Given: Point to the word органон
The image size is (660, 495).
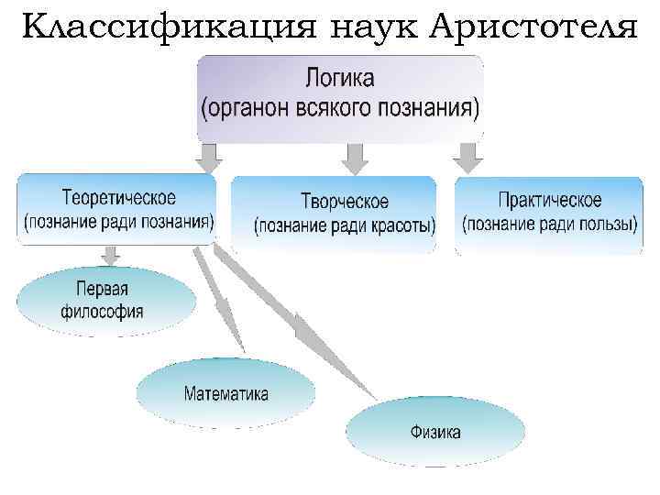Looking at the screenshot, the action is [x=253, y=109].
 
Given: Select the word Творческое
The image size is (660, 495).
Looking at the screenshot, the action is [x=345, y=201].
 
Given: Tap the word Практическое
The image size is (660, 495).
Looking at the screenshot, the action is [x=550, y=199].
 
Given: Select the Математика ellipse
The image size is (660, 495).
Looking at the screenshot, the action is [x=226, y=394].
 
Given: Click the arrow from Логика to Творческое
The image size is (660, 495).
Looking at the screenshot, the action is [x=354, y=158].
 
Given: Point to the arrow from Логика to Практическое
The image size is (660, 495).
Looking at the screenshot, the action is [x=469, y=158].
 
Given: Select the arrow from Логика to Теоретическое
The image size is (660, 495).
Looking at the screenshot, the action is [x=209, y=158].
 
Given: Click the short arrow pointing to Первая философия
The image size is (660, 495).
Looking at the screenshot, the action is [x=111, y=253].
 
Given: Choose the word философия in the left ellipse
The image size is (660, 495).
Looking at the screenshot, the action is [x=103, y=311].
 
